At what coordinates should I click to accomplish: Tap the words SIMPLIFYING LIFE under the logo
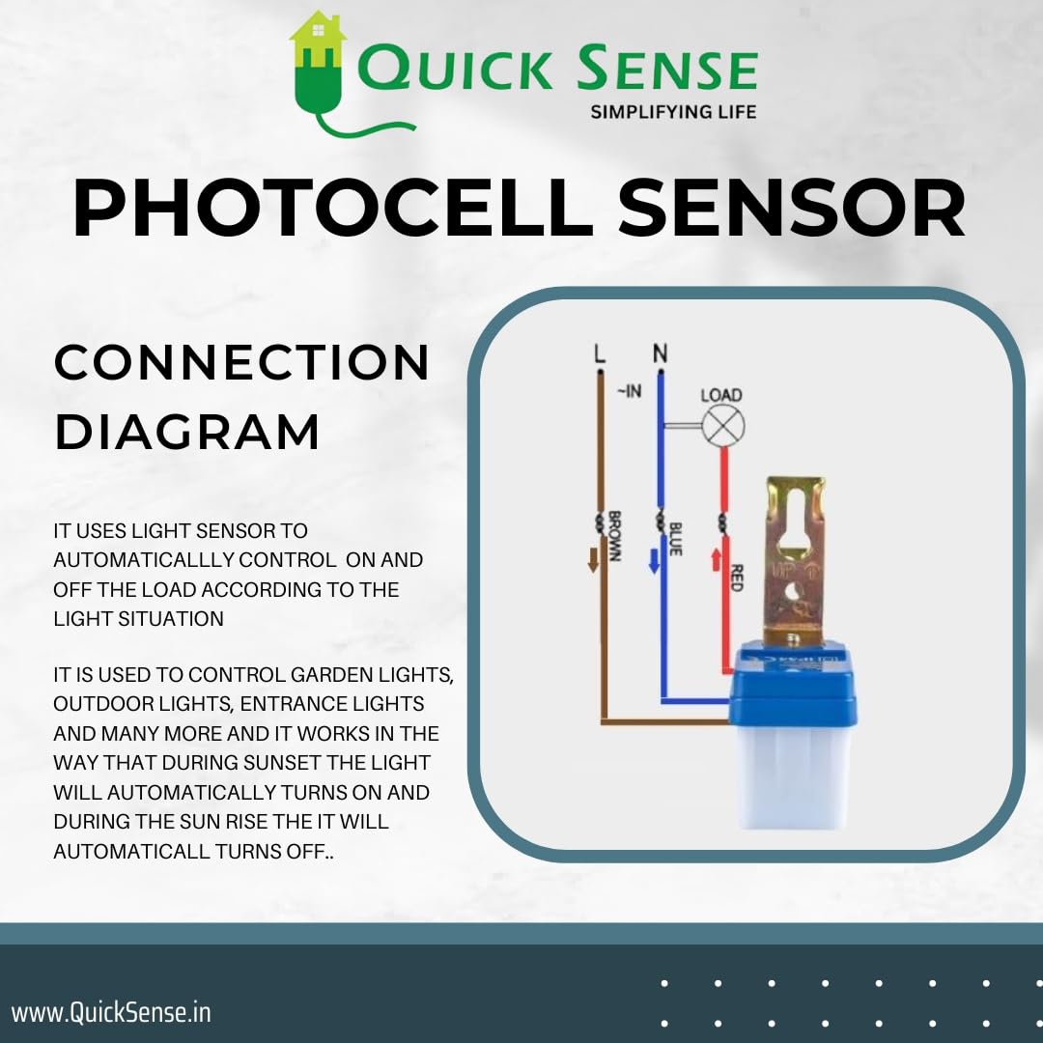[x=673, y=112]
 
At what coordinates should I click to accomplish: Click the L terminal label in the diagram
[x=600, y=354]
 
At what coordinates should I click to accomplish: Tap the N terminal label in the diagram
[x=661, y=354]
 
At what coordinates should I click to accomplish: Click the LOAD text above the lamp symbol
[x=720, y=395]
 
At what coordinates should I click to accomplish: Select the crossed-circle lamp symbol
[x=720, y=426]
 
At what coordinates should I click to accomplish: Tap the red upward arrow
[x=716, y=558]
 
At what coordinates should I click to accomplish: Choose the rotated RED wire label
[x=736, y=578]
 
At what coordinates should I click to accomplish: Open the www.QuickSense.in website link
[x=111, y=1012]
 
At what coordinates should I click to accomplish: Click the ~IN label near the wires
[x=629, y=391]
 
